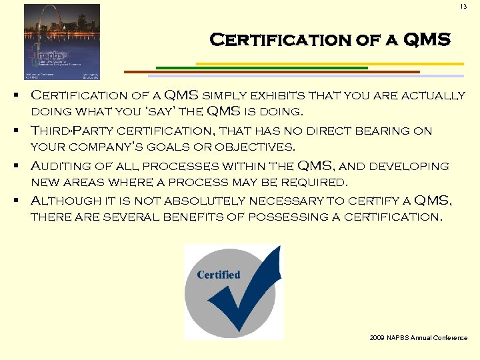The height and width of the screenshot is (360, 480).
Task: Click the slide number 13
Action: click(x=463, y=7)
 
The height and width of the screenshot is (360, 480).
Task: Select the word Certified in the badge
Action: click(x=219, y=275)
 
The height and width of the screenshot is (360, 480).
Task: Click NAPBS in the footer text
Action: click(x=401, y=338)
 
